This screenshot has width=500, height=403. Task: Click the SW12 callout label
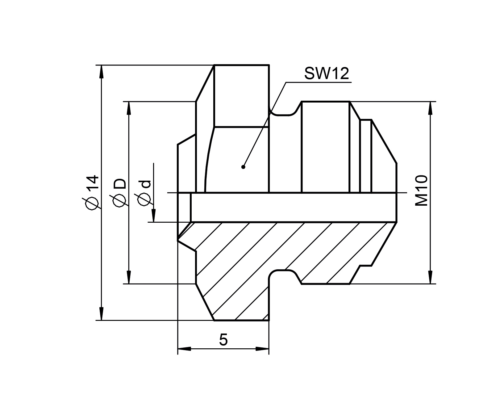(327, 74)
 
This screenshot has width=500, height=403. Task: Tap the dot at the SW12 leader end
(243, 167)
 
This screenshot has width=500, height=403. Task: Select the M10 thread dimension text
(421, 191)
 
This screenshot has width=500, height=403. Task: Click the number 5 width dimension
(223, 340)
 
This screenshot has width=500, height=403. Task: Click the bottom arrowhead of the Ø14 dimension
(101, 314)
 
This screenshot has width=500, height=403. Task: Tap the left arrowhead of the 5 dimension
(185, 349)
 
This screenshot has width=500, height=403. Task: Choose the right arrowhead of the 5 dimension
(262, 349)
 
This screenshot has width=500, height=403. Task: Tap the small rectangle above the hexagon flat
(241, 96)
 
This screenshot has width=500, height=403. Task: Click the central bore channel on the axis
(293, 208)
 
